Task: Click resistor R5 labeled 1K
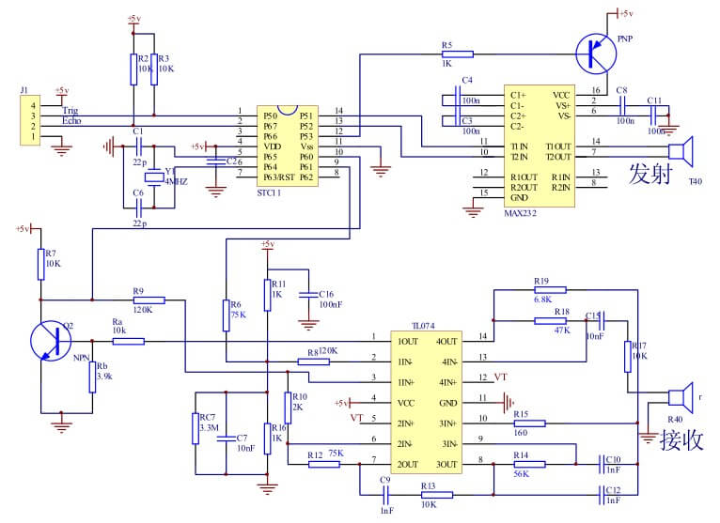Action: tap(458, 54)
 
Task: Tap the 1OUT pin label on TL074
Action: tap(407, 341)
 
